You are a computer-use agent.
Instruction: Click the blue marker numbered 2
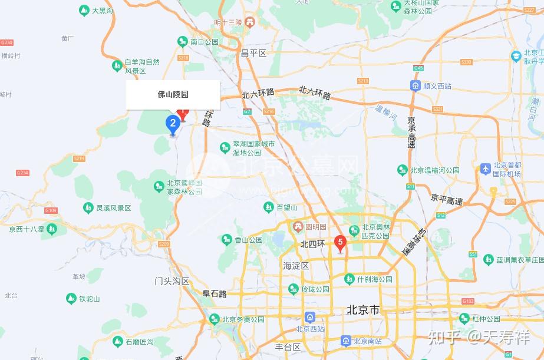coord(173,124)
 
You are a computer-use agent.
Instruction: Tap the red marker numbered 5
coord(339,242)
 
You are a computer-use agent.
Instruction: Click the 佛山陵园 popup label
coord(173,94)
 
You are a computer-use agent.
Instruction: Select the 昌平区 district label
coord(253,53)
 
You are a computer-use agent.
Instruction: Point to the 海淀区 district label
coord(296,266)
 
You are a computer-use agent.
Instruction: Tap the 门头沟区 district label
coord(172,281)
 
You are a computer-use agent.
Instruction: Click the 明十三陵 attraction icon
coord(250,22)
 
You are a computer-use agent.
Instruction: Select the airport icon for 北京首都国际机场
coord(486,169)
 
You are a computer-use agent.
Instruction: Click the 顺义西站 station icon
coord(415,86)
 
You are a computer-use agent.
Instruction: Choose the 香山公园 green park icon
coord(227,240)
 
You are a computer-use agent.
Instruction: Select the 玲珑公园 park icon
coord(293,289)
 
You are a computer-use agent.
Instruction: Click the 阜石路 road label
coord(215,293)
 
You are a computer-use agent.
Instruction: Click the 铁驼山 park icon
coord(71,299)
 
